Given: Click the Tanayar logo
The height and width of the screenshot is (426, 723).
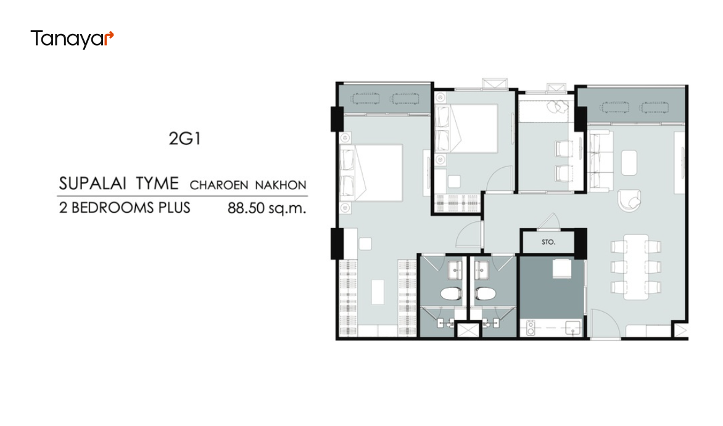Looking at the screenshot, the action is pyautogui.click(x=72, y=39).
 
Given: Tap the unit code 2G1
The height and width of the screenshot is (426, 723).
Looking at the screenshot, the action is pyautogui.click(x=184, y=139).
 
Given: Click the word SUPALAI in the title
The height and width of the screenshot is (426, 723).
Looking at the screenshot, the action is pyautogui.click(x=93, y=184).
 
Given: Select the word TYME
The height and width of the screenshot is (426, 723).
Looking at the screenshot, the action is pyautogui.click(x=157, y=184).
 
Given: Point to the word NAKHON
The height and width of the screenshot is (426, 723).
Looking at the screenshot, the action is pyautogui.click(x=280, y=186).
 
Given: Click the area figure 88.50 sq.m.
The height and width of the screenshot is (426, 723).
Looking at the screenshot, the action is pyautogui.click(x=266, y=208).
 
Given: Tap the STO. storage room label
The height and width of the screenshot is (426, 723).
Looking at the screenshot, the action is pyautogui.click(x=548, y=242).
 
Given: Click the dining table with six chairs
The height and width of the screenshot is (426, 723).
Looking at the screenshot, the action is pyautogui.click(x=636, y=266).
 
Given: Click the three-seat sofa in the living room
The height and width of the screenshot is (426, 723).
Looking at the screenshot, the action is pyautogui.click(x=600, y=160).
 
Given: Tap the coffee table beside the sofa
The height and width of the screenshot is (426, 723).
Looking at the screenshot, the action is pyautogui.click(x=629, y=163).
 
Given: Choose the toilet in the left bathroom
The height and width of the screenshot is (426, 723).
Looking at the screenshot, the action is pyautogui.click(x=451, y=293).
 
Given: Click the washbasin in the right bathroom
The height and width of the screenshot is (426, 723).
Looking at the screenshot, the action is pyautogui.click(x=481, y=270).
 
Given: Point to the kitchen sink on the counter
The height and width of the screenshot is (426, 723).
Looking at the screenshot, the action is pyautogui.click(x=573, y=328).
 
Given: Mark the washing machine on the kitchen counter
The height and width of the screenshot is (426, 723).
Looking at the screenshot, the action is pyautogui.click(x=531, y=328).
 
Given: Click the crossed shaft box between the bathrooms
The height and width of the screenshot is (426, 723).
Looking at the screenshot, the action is pyautogui.click(x=468, y=330).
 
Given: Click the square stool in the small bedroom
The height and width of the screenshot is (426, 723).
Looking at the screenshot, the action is pyautogui.click(x=454, y=181).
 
